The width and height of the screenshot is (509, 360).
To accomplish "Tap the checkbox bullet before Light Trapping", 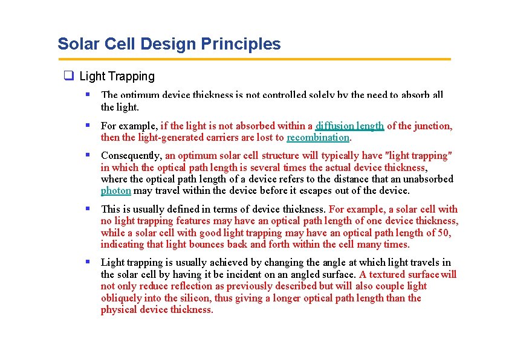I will coord(69,76).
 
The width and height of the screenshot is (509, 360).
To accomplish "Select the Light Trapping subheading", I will coord(117,76).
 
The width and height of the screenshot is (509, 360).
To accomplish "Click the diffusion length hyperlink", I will coord(349,126).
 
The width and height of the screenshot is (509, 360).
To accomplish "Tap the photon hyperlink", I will coord(115,190).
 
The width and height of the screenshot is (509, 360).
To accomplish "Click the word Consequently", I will coord(131,155).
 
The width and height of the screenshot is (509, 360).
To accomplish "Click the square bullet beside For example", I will coord(88,126).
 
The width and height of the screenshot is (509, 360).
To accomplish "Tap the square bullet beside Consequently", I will coord(88,155).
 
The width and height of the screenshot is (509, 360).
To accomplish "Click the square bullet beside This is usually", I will coord(88,208).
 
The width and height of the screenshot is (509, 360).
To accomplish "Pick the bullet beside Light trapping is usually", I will coord(88,262).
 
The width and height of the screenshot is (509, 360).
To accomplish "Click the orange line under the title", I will coord(254,59).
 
